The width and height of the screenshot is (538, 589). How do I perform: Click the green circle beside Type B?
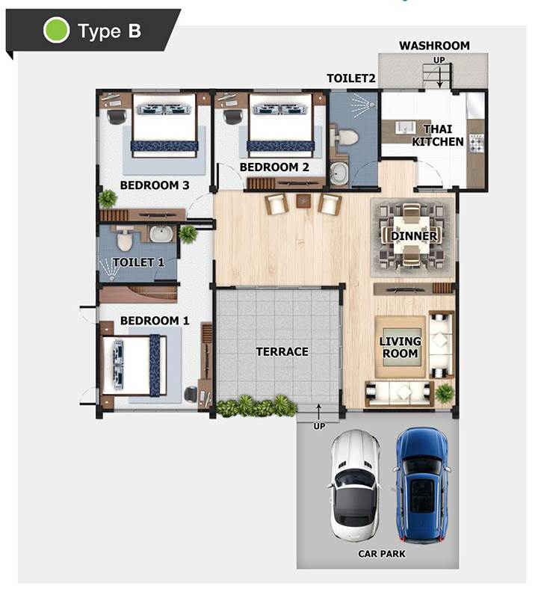[56, 30]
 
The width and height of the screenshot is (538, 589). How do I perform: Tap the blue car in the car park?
[422, 486]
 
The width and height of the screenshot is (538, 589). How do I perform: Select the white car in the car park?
[354, 487]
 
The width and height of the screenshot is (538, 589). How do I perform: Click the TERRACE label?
[282, 351]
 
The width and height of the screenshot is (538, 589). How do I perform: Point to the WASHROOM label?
[434, 46]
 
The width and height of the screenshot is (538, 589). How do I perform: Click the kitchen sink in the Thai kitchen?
[406, 126]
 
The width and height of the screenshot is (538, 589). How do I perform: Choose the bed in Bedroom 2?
[280, 126]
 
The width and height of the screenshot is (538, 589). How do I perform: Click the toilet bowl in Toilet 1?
[123, 240]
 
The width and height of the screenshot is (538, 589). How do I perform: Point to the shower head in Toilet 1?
[111, 278]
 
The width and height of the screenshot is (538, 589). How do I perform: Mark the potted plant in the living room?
[445, 393]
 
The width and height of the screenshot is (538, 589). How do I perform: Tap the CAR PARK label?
[381, 554]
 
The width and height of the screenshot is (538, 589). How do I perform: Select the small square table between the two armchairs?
[303, 201]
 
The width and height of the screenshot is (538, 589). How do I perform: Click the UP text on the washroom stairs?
[439, 60]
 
